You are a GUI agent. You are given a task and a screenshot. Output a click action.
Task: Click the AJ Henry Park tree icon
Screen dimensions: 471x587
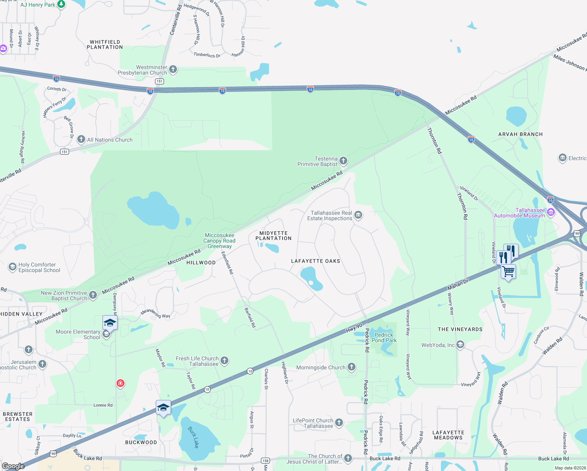pos(61,4)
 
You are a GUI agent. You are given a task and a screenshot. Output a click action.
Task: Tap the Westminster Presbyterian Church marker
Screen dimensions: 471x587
pos(173,70)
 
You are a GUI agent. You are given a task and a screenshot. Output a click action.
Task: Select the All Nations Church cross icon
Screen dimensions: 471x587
pos(81,139)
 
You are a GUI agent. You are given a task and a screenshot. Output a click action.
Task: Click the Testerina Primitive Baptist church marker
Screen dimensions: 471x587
pos(343,161)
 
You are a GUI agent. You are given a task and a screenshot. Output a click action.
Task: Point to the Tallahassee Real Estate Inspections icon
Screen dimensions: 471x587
pos(358,215)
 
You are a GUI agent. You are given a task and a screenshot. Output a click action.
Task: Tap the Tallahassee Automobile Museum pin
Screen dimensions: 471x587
pos(551,212)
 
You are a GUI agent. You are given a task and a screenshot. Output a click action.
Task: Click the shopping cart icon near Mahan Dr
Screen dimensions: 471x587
pos(509,272)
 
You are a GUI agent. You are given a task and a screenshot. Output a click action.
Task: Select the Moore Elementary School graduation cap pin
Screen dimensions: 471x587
pos(110,323)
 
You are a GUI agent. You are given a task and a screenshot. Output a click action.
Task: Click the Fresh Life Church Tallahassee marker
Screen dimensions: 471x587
pos(224,361)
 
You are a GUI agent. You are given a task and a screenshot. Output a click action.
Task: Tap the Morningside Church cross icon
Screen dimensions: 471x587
pos(352,367)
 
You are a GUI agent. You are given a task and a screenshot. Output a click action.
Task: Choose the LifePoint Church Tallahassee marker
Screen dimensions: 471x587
pos(339,423)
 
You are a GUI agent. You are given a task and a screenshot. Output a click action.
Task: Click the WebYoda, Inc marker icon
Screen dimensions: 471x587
pos(460,345)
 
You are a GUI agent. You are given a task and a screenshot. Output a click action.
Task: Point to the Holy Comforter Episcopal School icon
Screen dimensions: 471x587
pos(13,267)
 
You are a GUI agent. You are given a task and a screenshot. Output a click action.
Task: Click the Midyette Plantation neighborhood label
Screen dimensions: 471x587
pos(273,235)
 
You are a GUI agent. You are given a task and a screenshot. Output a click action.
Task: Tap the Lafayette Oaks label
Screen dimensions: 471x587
pos(315,261)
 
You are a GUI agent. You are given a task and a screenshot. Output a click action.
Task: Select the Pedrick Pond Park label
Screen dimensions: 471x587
pos(384,338)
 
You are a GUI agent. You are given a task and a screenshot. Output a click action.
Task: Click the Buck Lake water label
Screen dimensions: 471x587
pos(193,437)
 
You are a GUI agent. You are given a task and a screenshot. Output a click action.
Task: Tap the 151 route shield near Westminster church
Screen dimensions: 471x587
pos(159,81)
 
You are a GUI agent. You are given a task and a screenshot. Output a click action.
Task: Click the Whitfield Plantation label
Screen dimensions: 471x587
pos(105,44)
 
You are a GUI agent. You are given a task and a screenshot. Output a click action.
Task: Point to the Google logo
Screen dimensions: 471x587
pos(13,466)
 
